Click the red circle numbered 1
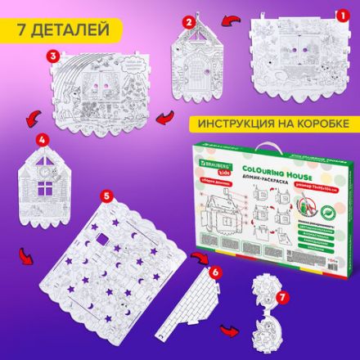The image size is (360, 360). pyautogui.click(x=332, y=14)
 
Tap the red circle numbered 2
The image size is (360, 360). pyautogui.click(x=189, y=21)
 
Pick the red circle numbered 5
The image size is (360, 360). pyautogui.click(x=106, y=197)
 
